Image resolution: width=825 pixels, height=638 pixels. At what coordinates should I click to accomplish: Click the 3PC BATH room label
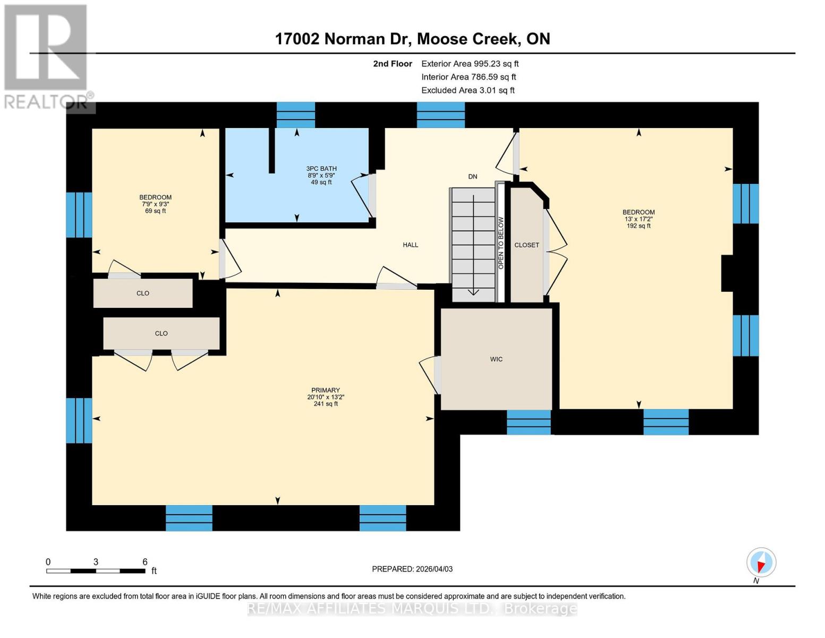[321, 169]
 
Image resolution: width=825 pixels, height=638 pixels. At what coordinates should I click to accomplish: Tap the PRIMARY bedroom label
[325, 390]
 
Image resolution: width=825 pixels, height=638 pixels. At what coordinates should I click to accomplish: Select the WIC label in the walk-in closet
[496, 359]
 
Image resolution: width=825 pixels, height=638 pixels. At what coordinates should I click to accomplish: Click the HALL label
[410, 245]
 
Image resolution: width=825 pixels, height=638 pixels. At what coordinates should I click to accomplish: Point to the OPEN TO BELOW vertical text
[500, 242]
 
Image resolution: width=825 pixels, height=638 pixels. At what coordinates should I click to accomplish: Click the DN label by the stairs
[472, 177]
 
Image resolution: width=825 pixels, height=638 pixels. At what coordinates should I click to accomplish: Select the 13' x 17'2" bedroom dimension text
[638, 219]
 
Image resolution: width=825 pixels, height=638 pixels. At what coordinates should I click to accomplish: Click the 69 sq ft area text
[155, 211]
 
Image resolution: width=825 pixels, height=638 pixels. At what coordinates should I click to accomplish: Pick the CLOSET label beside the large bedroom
[526, 245]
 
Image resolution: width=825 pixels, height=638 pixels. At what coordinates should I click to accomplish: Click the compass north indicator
[761, 563]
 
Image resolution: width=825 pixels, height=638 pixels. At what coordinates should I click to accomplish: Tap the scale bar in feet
[96, 571]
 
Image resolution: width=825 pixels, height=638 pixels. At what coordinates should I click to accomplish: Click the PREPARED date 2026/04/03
[412, 569]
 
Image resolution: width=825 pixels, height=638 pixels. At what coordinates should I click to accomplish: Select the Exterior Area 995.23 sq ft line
[470, 64]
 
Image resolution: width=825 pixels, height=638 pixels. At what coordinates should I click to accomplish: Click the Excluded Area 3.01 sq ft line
[467, 90]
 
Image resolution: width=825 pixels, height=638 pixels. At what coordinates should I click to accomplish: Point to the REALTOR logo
[47, 56]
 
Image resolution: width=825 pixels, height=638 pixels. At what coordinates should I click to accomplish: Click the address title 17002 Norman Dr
[412, 39]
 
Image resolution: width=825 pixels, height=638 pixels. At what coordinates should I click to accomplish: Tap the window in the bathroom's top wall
[296, 115]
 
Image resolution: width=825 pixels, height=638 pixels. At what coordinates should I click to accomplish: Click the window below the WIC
[529, 422]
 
